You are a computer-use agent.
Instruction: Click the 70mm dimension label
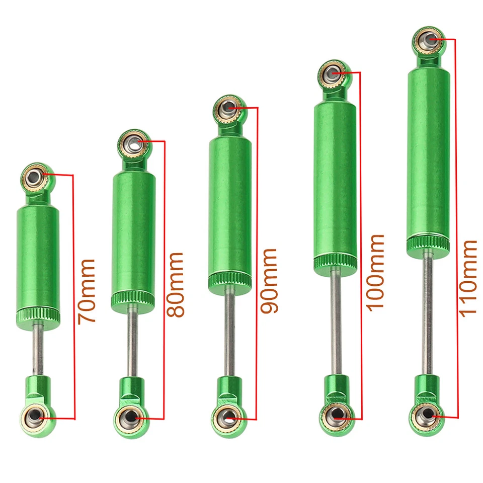87,291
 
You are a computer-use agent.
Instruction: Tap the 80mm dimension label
176,284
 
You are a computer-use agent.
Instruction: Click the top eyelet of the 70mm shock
35,176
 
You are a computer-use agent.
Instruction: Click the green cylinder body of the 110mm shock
428,151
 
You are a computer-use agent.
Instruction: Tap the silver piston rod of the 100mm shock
335,322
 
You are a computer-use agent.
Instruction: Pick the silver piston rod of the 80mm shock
132,342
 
